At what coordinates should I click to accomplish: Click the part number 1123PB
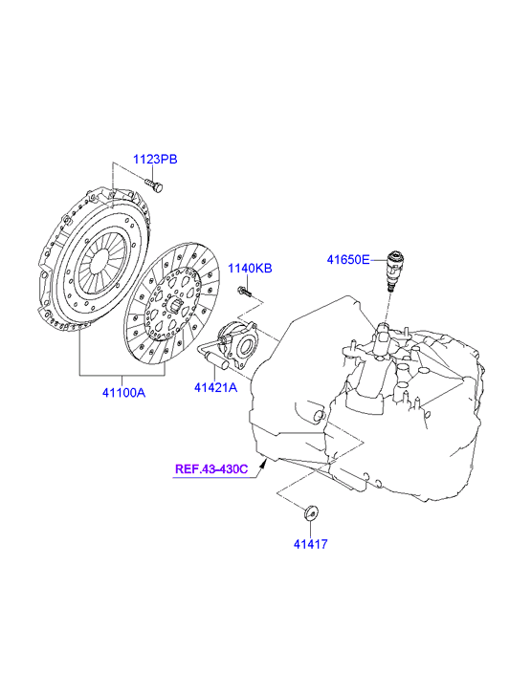click(155, 159)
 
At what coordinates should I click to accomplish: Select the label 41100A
click(123, 393)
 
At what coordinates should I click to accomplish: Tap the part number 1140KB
click(250, 269)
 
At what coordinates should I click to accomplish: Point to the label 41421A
click(215, 387)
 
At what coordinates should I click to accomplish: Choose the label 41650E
click(348, 260)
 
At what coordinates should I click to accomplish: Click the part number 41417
click(310, 544)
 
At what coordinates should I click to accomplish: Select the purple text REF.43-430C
click(211, 469)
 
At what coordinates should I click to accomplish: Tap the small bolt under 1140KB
click(245, 292)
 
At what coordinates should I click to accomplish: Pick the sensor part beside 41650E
click(393, 271)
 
